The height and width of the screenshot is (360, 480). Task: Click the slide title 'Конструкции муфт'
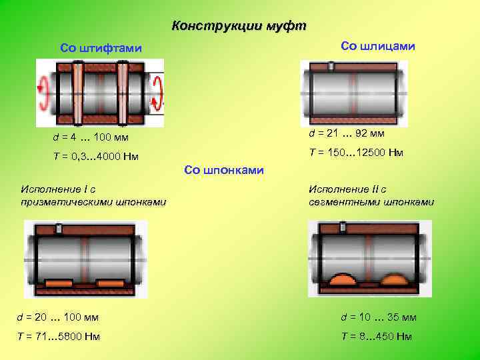click(x=239, y=27)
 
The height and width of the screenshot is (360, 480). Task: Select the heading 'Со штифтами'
click(x=101, y=48)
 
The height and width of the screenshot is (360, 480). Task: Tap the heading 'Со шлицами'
click(x=377, y=45)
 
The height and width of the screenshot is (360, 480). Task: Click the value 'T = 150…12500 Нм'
click(x=356, y=153)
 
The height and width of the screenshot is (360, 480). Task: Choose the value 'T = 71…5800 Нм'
click(x=60, y=336)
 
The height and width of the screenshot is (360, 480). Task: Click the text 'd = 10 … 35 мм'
click(x=379, y=317)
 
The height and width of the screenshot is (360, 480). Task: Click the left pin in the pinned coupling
click(x=78, y=93)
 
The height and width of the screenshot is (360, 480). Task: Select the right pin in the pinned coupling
click(x=123, y=93)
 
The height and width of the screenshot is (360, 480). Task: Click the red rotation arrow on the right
click(x=159, y=93)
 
